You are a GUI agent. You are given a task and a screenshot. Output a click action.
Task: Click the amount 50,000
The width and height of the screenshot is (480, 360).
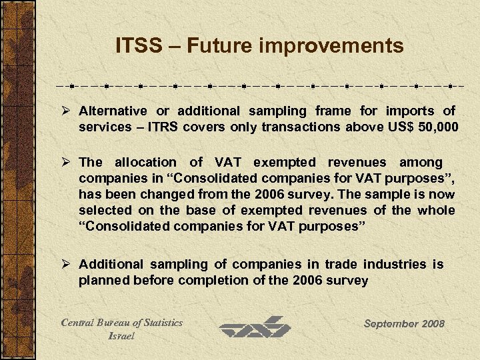tap(437, 127)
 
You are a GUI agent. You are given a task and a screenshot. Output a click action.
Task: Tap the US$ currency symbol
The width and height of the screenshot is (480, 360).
tap(396, 127)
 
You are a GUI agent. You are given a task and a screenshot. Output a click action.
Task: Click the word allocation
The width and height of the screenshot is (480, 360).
tap(144, 162)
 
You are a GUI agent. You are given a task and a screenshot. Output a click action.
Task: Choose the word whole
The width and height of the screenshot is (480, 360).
tap(437, 210)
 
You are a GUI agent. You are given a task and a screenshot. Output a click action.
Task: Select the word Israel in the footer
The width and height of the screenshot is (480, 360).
tap(121, 336)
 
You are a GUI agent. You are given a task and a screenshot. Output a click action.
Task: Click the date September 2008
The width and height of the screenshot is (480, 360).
tap(404, 323)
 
